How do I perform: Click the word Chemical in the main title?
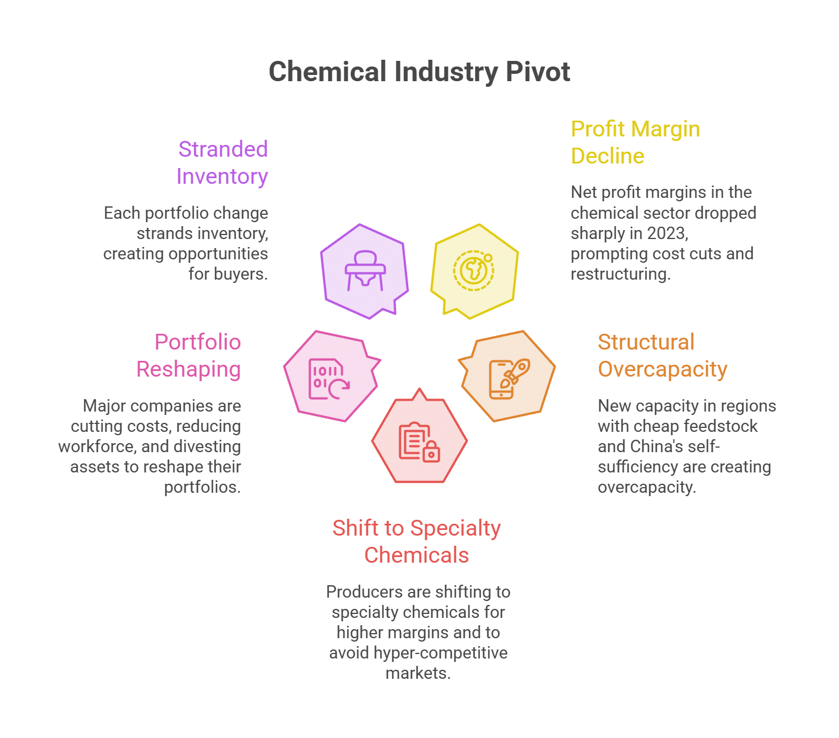click(328, 72)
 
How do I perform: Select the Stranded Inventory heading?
click(222, 163)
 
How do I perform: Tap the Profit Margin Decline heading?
click(635, 142)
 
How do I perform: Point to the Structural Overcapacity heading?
click(662, 355)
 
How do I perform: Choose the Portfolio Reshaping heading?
click(188, 355)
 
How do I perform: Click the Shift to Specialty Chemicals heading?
click(417, 541)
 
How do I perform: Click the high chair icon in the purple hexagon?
click(365, 271)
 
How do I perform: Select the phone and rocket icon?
click(509, 378)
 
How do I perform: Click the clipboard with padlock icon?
click(419, 443)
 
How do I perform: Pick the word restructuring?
click(620, 274)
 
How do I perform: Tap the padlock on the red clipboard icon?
click(431, 452)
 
